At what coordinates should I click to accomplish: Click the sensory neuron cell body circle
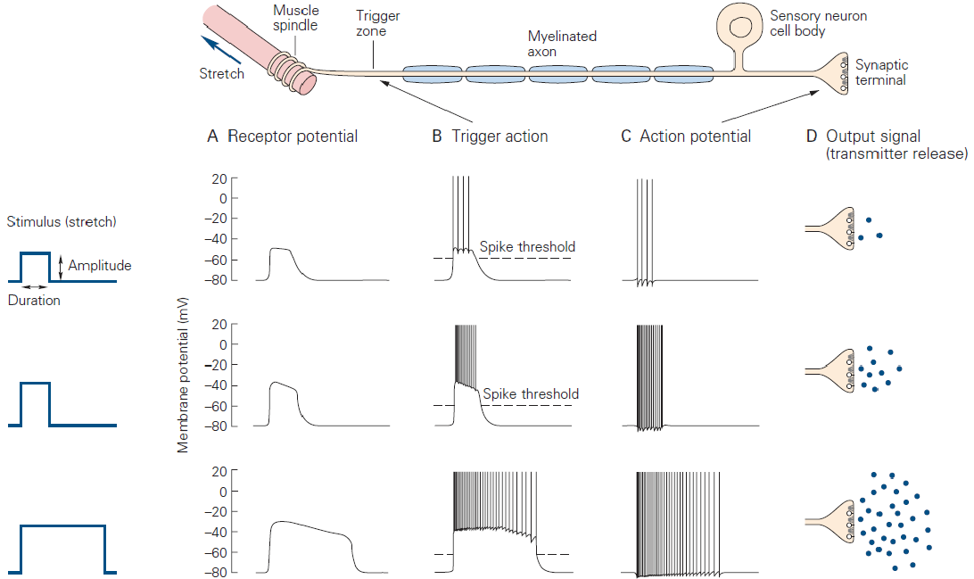pos(739,26)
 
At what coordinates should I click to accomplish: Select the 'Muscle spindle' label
pos(295,18)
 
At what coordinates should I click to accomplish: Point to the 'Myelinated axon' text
pos(561,44)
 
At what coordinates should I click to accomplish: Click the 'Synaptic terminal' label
pos(880,72)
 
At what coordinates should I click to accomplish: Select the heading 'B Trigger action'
pos(490,136)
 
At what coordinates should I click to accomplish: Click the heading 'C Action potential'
pos(686,136)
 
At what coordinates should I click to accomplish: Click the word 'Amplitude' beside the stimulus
pos(100,266)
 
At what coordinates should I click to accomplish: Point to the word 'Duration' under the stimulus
pos(34,301)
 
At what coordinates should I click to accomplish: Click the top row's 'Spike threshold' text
pos(527,247)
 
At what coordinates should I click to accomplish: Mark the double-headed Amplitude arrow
pos(60,266)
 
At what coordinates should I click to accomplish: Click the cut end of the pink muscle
pos(307,83)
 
